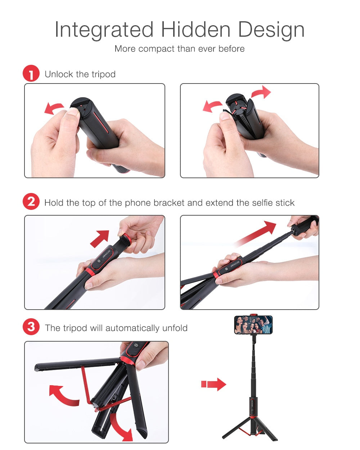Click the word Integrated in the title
[x=104, y=30]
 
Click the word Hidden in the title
[x=195, y=30]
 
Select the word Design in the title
[x=271, y=30]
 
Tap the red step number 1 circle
[x=31, y=73]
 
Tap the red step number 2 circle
[x=31, y=202]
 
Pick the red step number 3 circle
[x=31, y=327]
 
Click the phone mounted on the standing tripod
[x=253, y=325]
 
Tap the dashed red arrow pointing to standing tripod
[x=213, y=384]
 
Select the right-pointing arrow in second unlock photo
[x=261, y=92]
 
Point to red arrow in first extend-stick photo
[x=100, y=238]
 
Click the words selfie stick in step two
[x=273, y=203]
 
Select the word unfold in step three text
[x=175, y=328]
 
